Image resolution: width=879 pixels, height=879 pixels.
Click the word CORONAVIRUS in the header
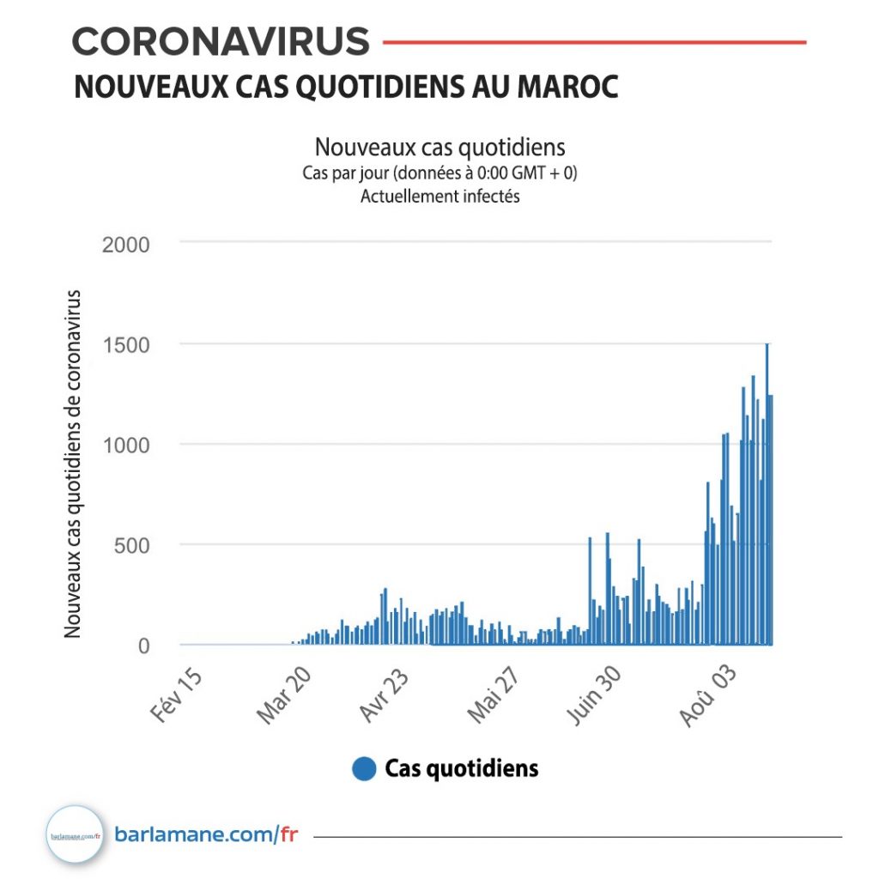click(x=221, y=41)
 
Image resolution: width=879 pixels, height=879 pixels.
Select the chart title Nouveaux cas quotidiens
click(x=439, y=147)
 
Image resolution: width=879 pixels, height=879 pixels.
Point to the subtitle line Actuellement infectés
click(x=439, y=196)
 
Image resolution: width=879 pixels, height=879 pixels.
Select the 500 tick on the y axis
click(x=132, y=545)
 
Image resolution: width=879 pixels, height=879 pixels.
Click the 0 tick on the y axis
click(x=143, y=646)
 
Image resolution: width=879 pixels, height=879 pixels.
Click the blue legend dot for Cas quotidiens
click(x=365, y=768)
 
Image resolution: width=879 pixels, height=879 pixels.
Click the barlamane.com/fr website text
click(x=206, y=834)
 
